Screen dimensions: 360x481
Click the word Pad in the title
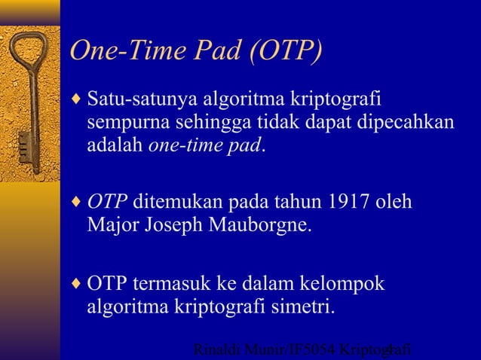click(223, 50)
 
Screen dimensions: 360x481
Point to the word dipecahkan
click(415, 121)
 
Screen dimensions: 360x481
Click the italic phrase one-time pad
click(204, 145)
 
